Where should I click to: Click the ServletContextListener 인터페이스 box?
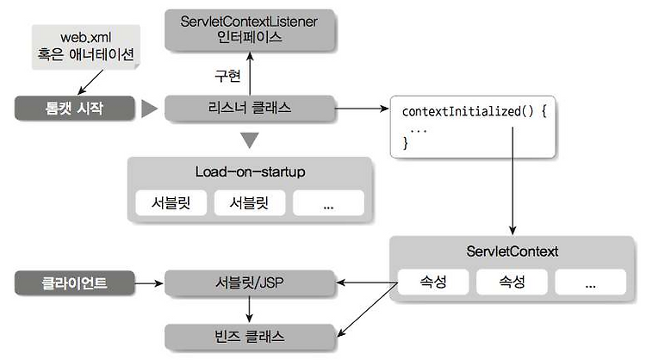point(250,29)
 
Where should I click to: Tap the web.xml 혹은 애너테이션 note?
point(86,47)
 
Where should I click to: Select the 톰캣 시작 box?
point(75,108)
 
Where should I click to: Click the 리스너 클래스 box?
point(250,108)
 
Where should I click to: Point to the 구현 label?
point(227,76)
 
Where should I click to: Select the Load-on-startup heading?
point(250,171)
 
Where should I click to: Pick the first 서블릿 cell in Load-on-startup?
point(171,202)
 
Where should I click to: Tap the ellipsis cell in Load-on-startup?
point(328,202)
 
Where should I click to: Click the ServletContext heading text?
point(512,251)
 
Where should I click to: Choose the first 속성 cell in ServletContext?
point(433,282)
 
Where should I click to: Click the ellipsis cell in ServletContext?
point(590,282)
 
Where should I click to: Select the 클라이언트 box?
point(75,283)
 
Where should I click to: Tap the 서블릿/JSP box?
point(250,282)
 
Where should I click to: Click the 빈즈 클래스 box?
point(250,337)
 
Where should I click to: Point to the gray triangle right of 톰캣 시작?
point(149,109)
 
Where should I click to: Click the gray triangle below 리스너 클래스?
point(249,140)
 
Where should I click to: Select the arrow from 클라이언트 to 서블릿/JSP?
point(149,283)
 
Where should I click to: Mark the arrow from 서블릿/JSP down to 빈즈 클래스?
point(249,309)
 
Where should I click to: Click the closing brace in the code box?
point(406,142)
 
